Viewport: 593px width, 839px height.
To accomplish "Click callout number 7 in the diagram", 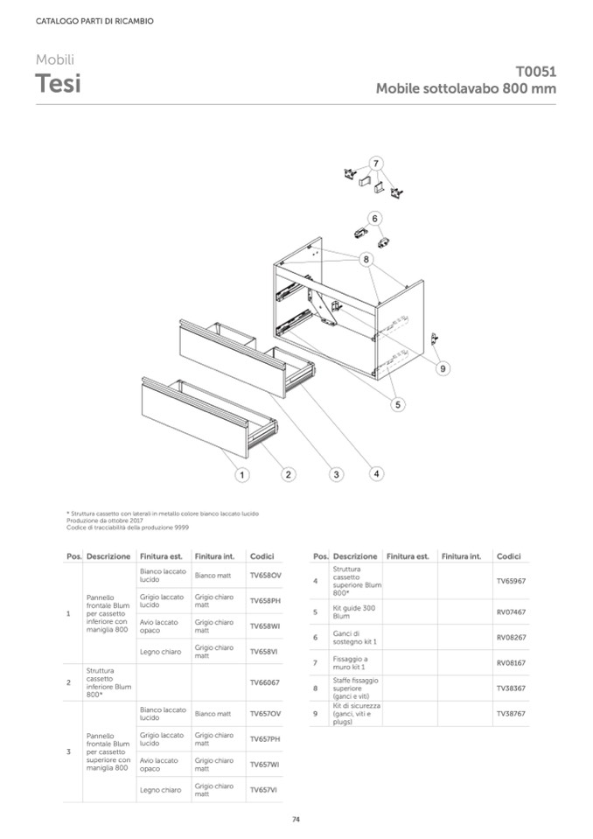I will click(x=375, y=164).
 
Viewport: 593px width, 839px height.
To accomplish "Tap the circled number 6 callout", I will click(x=374, y=218).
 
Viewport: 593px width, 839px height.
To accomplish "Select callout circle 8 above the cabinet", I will click(x=366, y=259).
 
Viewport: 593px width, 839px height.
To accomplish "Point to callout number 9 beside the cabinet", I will click(x=443, y=369).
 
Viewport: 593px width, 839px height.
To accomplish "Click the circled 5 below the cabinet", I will click(x=397, y=404).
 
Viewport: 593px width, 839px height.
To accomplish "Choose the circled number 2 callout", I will click(x=288, y=474).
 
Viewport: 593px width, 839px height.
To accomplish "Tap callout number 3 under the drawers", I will click(x=335, y=474).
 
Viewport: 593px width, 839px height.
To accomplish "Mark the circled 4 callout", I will click(x=376, y=473).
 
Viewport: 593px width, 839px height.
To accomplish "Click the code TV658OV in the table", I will click(x=264, y=576).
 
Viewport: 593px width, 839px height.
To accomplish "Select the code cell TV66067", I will click(x=264, y=682).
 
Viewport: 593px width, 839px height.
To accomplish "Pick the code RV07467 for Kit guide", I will click(x=510, y=612).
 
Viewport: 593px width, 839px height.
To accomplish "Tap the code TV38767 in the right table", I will click(x=510, y=714).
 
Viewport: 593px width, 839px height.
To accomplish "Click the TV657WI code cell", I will click(x=264, y=765).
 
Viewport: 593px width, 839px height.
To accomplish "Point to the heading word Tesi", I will click(x=59, y=84).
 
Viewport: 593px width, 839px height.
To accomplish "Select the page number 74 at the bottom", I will click(x=296, y=819).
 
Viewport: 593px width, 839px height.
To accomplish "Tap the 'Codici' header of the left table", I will click(x=262, y=556).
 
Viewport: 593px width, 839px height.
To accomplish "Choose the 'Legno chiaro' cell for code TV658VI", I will click(x=160, y=652).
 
